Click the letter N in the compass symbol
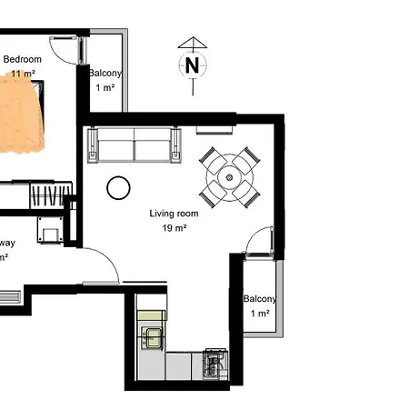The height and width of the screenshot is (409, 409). [192, 65]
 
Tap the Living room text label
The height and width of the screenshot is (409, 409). [173, 214]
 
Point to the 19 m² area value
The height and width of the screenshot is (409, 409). [174, 229]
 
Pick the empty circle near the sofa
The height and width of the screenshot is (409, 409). [117, 188]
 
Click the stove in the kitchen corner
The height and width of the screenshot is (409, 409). [214, 364]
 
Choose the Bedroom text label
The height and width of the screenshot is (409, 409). [23, 60]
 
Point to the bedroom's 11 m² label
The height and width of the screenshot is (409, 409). [18, 74]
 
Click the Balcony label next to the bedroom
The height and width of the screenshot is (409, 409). [105, 74]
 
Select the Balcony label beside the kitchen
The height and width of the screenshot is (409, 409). [259, 298]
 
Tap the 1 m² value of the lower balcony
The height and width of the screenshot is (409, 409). [260, 313]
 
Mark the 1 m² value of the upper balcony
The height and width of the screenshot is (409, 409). [105, 88]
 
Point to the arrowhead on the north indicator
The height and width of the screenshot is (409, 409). [192, 42]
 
